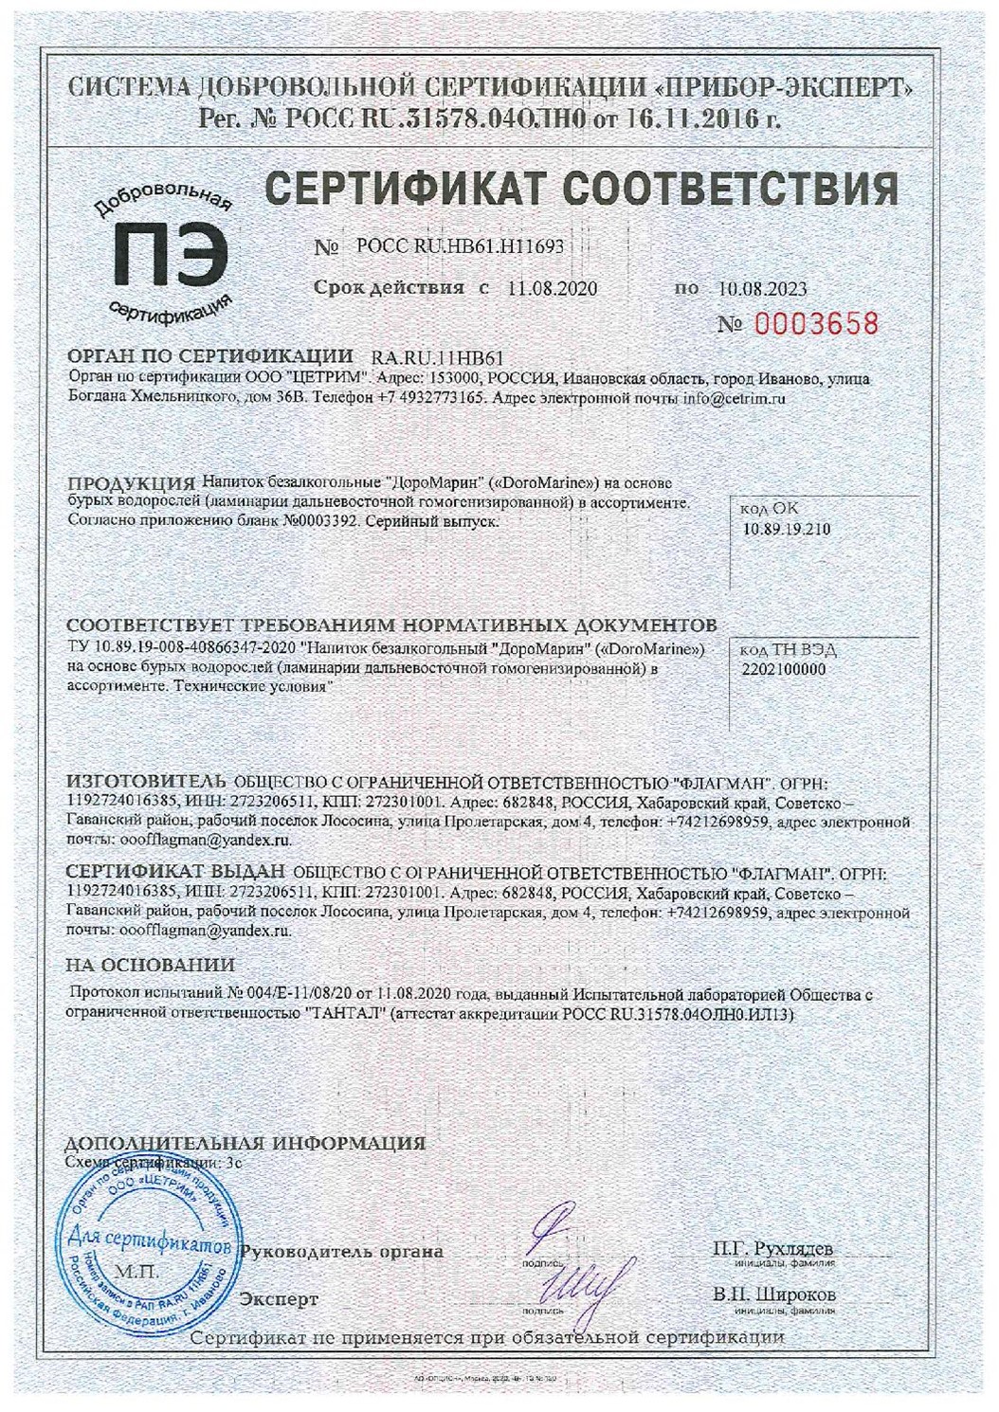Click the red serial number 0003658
816,324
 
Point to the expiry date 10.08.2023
762,288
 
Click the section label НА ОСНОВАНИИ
150,966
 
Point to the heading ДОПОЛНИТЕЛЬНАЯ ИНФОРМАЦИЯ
245,1143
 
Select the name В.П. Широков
774,1294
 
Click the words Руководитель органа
343,1251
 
